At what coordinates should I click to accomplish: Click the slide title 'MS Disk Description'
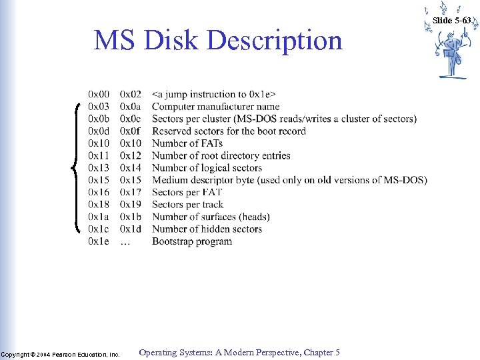click(x=218, y=41)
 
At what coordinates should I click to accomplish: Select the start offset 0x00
click(x=99, y=95)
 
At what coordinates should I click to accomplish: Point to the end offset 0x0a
click(x=131, y=107)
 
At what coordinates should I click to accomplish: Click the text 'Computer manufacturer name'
click(x=215, y=107)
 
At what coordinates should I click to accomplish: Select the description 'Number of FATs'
click(x=189, y=143)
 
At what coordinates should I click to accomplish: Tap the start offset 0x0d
click(x=99, y=131)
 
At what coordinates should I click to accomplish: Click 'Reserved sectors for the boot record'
click(x=229, y=131)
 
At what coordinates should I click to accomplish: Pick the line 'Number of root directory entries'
click(x=221, y=155)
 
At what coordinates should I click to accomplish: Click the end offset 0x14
click(x=131, y=168)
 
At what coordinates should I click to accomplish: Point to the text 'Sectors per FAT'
click(x=187, y=192)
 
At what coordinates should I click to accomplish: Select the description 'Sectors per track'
click(x=187, y=205)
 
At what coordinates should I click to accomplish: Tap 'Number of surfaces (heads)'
click(x=211, y=217)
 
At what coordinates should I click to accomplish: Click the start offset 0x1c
click(x=99, y=229)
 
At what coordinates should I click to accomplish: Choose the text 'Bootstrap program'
click(x=192, y=241)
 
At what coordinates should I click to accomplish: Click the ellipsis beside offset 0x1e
click(x=125, y=242)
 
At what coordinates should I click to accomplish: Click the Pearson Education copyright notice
click(x=60, y=354)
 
